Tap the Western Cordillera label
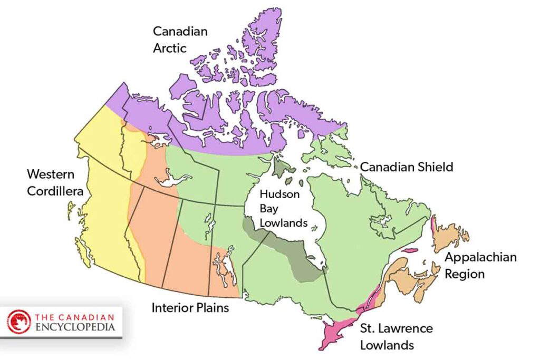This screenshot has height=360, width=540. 55,182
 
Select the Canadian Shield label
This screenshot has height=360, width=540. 406,167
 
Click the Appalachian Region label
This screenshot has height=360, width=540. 480,266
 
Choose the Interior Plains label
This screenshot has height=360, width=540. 190,307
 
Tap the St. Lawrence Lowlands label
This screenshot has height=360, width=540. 396,337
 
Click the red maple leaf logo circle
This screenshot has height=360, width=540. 19,322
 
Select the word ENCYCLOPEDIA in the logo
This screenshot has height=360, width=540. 75,327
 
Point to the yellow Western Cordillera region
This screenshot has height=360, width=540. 105,200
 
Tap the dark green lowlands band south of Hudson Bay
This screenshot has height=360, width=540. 295,253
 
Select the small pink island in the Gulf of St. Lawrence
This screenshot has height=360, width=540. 409,250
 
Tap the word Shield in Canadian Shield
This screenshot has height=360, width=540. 436,167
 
